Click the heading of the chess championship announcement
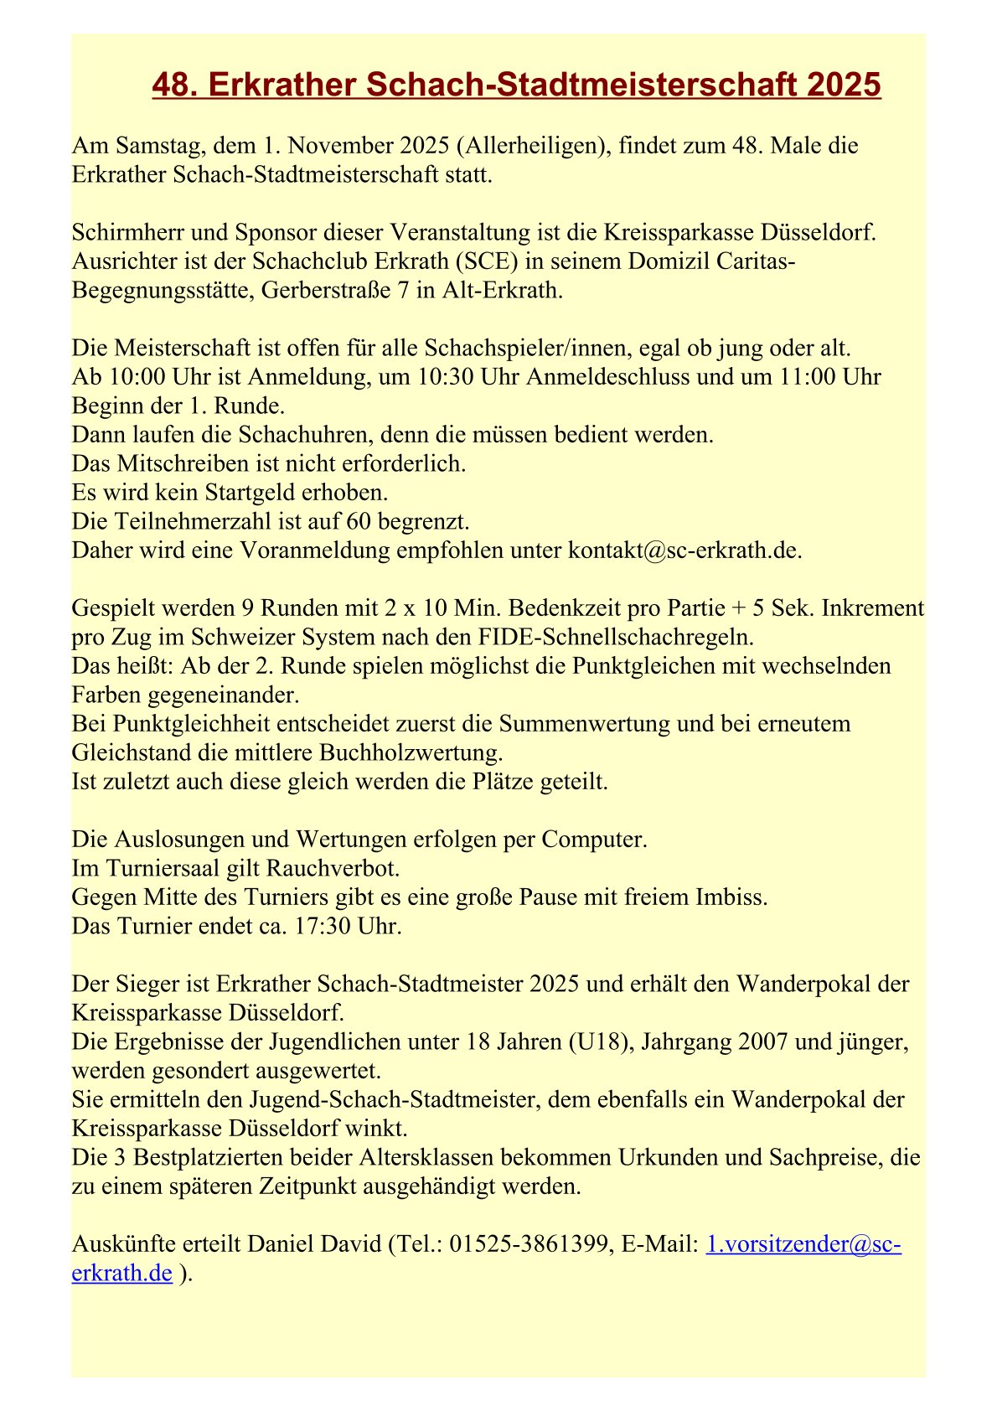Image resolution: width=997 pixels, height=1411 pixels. coord(516,85)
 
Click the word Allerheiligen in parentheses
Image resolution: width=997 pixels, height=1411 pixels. coord(531,146)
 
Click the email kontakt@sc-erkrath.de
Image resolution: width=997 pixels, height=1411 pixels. coord(684,550)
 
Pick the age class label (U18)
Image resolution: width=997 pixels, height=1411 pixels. coord(597,1041)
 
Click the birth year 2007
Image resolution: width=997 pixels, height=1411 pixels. coord(763,1041)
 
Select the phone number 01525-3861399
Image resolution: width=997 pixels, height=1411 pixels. coord(528,1244)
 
